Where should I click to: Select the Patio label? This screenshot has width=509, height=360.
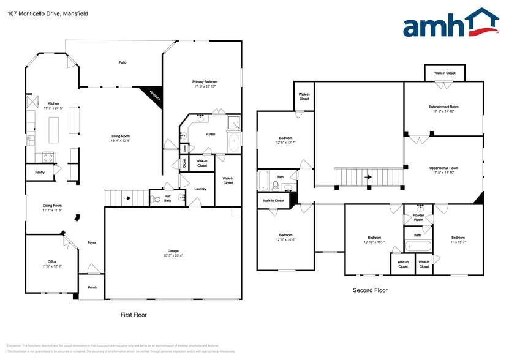click(123, 62)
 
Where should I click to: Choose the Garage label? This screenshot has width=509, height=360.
click(173, 251)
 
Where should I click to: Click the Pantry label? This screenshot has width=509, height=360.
click(39, 173)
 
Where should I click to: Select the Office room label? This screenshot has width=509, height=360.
click(52, 261)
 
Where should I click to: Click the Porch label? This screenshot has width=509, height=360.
click(92, 287)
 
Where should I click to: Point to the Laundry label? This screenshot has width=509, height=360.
click(200, 189)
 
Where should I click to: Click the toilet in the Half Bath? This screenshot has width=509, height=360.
click(156, 199)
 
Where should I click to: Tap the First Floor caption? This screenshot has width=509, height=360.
click(133, 315)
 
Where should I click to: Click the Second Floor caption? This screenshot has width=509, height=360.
click(370, 290)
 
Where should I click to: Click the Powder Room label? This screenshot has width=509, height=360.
click(418, 217)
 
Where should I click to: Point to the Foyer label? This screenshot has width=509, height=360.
click(92, 242)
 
